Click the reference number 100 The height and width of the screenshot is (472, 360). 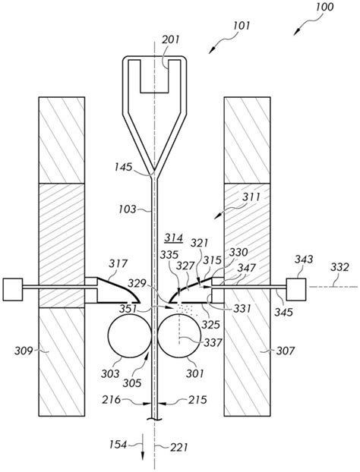coord(324,7)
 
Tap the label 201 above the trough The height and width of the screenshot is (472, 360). coord(171,39)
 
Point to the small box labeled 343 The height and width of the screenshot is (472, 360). coord(296,289)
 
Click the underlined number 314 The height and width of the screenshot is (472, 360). coord(173,238)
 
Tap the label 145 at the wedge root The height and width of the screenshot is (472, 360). coord(123,167)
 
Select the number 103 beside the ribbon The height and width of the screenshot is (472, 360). coord(128,209)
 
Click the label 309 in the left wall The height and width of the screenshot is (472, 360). coord(24,351)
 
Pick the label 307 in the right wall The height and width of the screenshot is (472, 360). coord(286,351)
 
